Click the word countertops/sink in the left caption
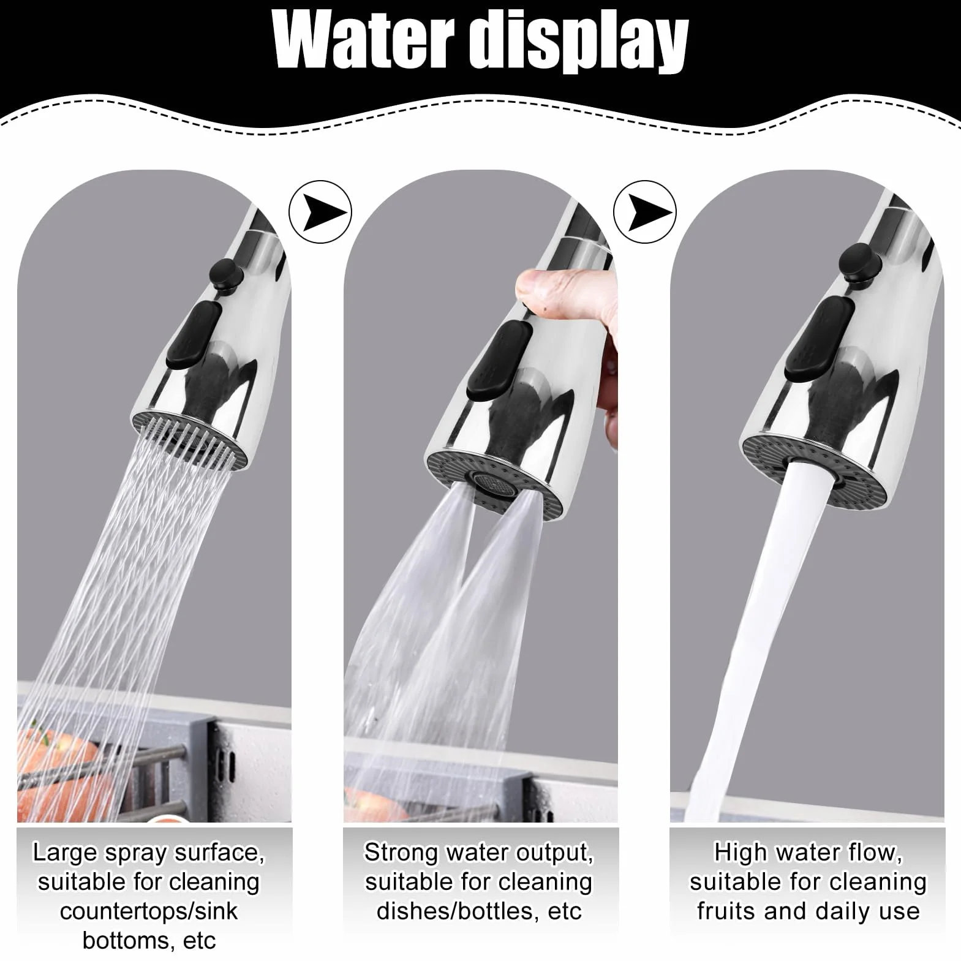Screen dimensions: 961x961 (x=149, y=911)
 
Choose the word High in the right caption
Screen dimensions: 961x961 (x=741, y=852)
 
